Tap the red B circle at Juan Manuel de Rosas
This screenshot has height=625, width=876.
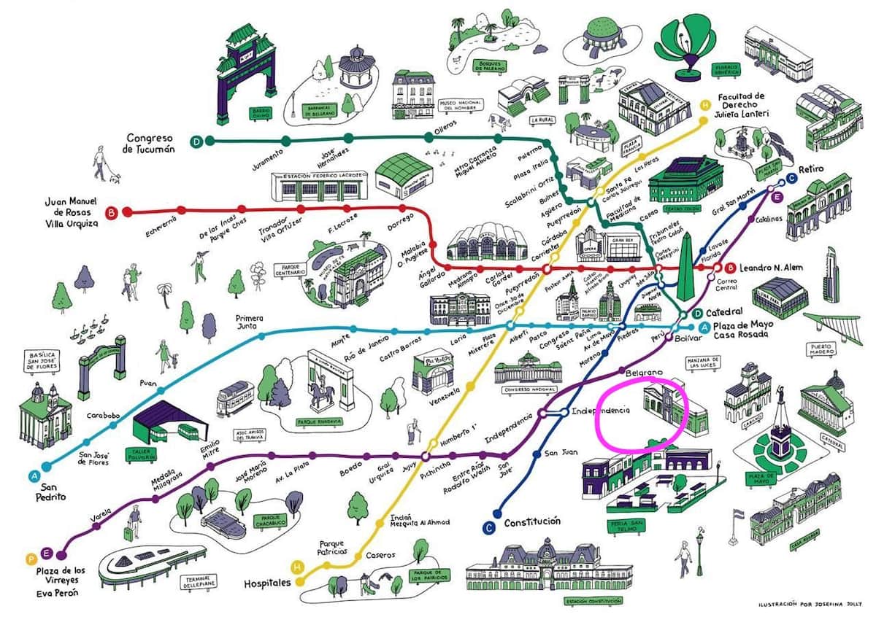pos(112,213)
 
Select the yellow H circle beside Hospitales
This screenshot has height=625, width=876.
pos(297,566)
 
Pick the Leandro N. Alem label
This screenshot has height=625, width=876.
pos(770,268)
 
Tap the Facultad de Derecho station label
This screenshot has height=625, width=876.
pos(740,106)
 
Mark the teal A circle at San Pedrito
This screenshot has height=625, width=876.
pos(34,476)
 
